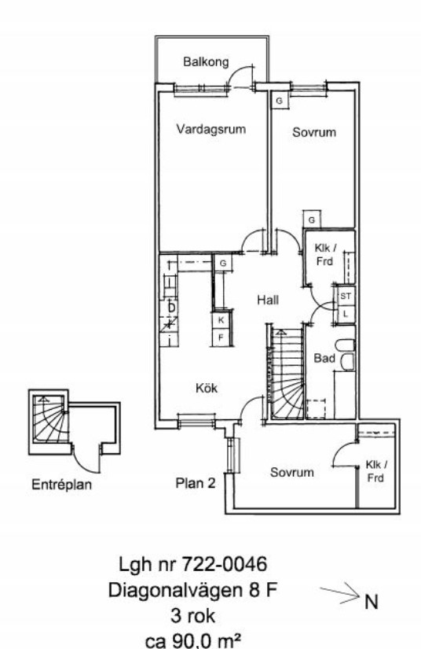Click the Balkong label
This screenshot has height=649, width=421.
click(x=206, y=62)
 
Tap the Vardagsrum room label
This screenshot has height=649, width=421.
click(x=211, y=129)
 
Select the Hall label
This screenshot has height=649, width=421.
click(x=268, y=300)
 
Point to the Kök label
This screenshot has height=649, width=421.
click(x=206, y=389)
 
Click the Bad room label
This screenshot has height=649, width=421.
click(x=324, y=358)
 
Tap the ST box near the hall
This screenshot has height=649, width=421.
click(x=346, y=297)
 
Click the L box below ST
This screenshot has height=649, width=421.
click(x=346, y=314)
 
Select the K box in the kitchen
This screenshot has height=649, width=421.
click(x=221, y=320)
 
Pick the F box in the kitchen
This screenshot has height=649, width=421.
click(x=221, y=337)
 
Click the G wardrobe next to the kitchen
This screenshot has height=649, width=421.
click(x=223, y=264)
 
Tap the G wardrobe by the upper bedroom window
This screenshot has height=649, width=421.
click(x=280, y=101)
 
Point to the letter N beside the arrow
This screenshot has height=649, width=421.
click(x=371, y=602)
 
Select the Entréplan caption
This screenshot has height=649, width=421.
click(x=61, y=485)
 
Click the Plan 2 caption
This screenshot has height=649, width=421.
click(x=196, y=483)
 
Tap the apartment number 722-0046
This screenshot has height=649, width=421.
click(x=225, y=564)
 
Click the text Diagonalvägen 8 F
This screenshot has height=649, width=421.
click(x=192, y=590)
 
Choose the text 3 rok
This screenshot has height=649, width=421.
click(x=192, y=616)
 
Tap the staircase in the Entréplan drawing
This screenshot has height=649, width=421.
click(x=49, y=419)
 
